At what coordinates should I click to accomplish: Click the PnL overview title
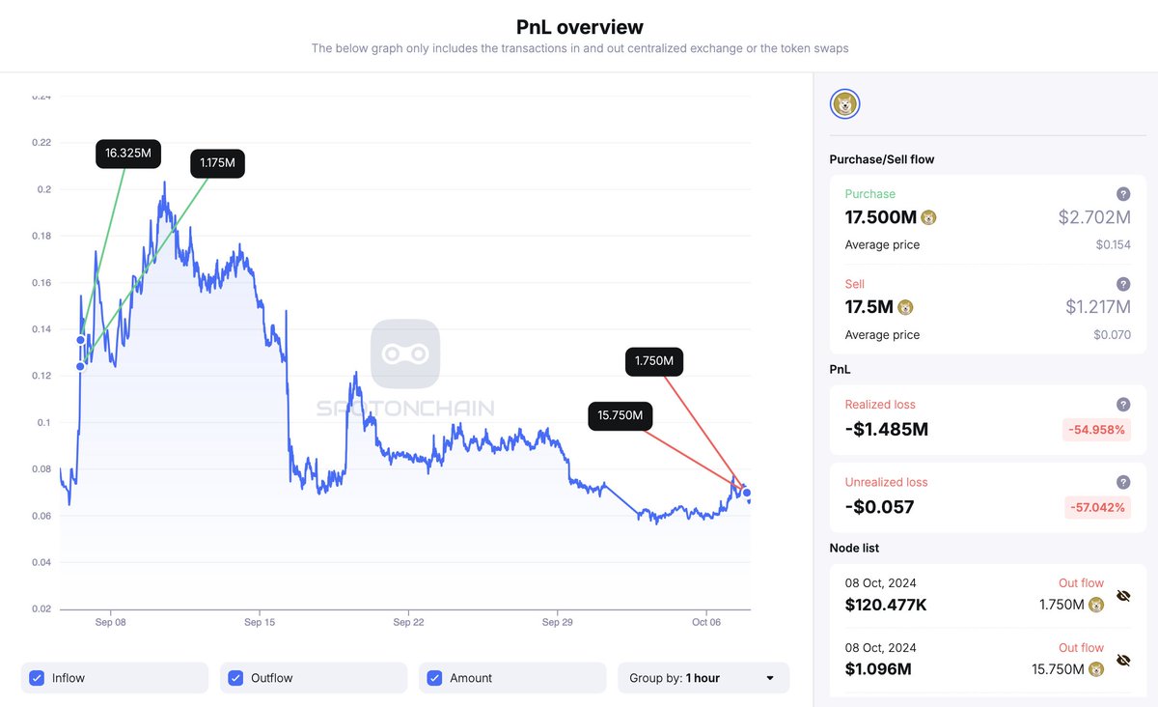point(579,27)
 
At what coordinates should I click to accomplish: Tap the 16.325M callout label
point(128,154)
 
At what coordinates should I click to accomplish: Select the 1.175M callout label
point(217,163)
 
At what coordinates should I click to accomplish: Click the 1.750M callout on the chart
point(653,362)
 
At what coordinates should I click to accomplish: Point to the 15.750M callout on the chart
point(620,415)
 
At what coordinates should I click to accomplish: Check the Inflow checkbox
point(37,678)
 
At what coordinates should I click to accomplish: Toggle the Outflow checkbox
point(235,678)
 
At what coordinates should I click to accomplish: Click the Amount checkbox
point(434,678)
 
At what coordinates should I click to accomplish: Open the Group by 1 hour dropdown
point(703,678)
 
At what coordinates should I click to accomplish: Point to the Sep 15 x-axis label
point(260,623)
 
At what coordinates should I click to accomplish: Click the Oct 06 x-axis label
point(706,623)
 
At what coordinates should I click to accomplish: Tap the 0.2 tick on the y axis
point(44,189)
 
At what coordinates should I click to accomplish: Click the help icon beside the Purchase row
point(1123,194)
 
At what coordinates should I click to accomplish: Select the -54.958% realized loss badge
point(1096,429)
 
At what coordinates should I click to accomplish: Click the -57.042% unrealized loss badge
point(1096,507)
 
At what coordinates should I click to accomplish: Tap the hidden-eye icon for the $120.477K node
point(1123,596)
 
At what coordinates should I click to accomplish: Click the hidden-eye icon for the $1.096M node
point(1123,660)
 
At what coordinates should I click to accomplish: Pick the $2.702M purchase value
point(1094,217)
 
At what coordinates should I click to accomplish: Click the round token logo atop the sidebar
point(845,104)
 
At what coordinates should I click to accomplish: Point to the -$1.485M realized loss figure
point(886,429)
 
